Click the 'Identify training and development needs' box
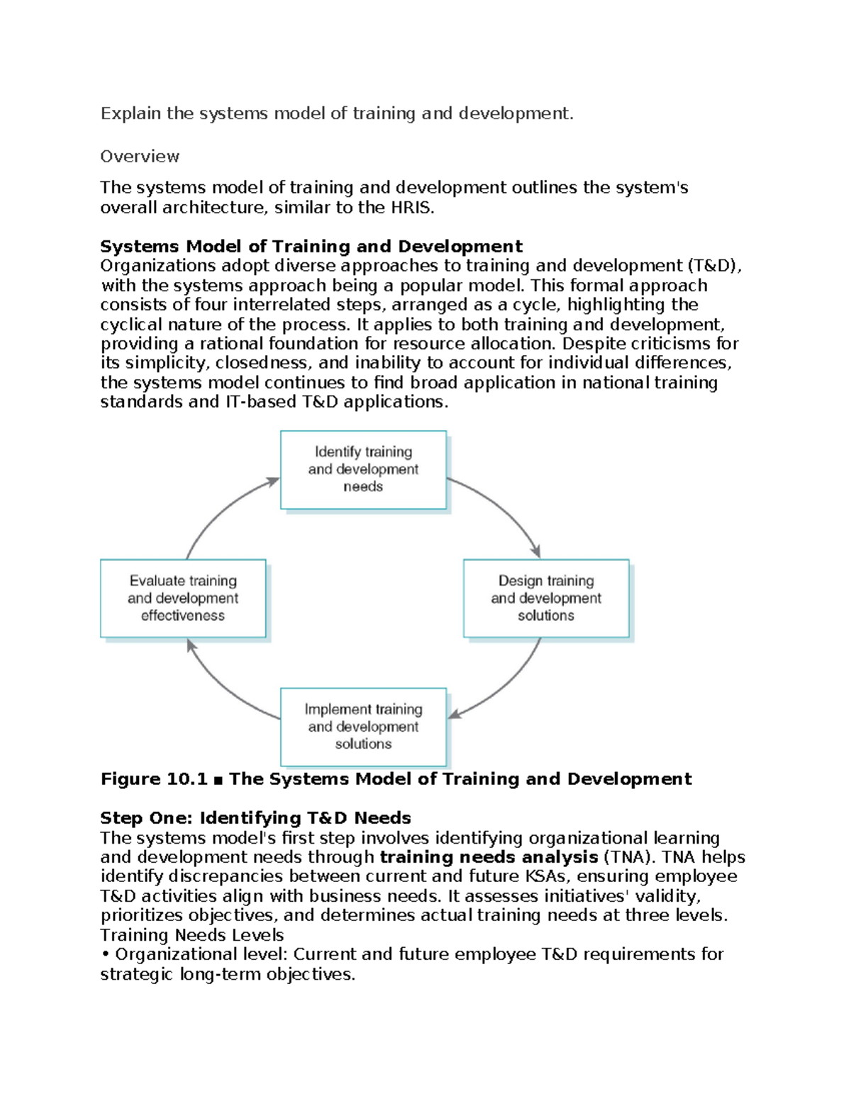pos(363,469)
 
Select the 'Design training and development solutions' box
pos(546,598)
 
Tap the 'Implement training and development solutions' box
pos(363,727)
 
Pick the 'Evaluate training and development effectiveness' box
pos(183,598)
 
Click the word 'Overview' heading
pos(140,157)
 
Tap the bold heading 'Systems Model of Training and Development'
pos(311,247)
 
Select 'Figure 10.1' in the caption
pos(153,779)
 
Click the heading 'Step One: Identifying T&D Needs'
pos(255,818)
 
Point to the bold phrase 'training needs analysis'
pos(489,857)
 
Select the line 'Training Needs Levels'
pos(191,935)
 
